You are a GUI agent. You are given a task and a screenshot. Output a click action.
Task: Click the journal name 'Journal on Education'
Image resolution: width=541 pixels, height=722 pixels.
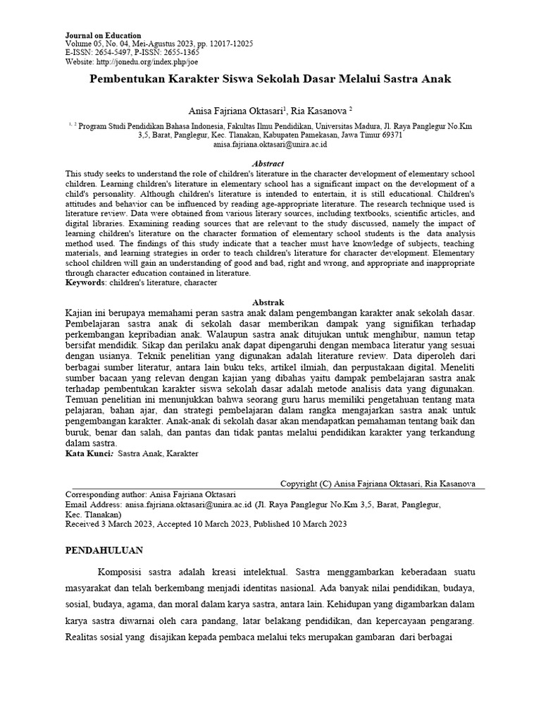tap(103, 35)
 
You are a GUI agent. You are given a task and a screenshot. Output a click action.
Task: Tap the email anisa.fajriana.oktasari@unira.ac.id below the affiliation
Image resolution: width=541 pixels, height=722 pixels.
tap(270, 144)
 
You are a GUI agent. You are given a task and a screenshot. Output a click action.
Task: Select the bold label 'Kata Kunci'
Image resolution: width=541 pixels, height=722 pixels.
tap(89, 454)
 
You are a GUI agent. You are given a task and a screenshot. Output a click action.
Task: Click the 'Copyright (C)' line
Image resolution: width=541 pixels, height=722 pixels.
tap(378, 484)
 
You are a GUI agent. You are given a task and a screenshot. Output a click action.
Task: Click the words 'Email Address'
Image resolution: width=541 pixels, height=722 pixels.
tap(93, 505)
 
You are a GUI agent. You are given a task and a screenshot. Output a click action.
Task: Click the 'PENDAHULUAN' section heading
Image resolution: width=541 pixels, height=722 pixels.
tap(104, 550)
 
